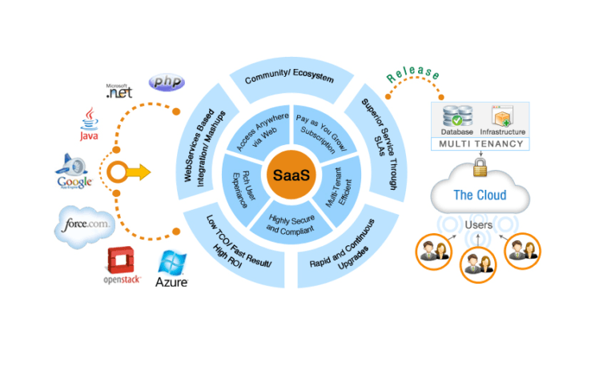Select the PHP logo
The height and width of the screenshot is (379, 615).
coord(167,82)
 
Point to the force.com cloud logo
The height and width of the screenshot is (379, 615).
coord(85,225)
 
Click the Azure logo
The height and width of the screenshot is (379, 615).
coord(172,270)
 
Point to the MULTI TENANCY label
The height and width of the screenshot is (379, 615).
coord(480,144)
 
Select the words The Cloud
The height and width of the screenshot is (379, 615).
coord(480,195)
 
